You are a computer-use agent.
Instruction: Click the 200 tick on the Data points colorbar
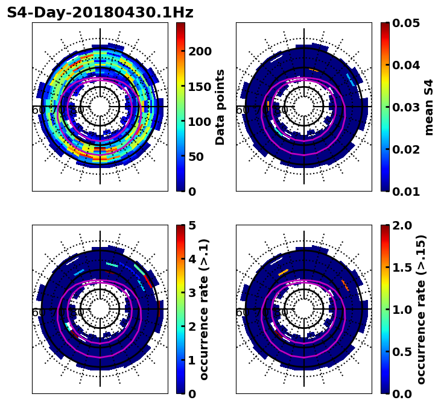click(200, 51)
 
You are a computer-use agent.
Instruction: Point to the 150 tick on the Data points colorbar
click(200, 86)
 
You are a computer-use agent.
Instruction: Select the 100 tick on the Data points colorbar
click(200, 122)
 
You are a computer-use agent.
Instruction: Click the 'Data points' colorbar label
click(220, 107)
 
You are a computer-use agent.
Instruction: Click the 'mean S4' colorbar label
click(429, 107)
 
